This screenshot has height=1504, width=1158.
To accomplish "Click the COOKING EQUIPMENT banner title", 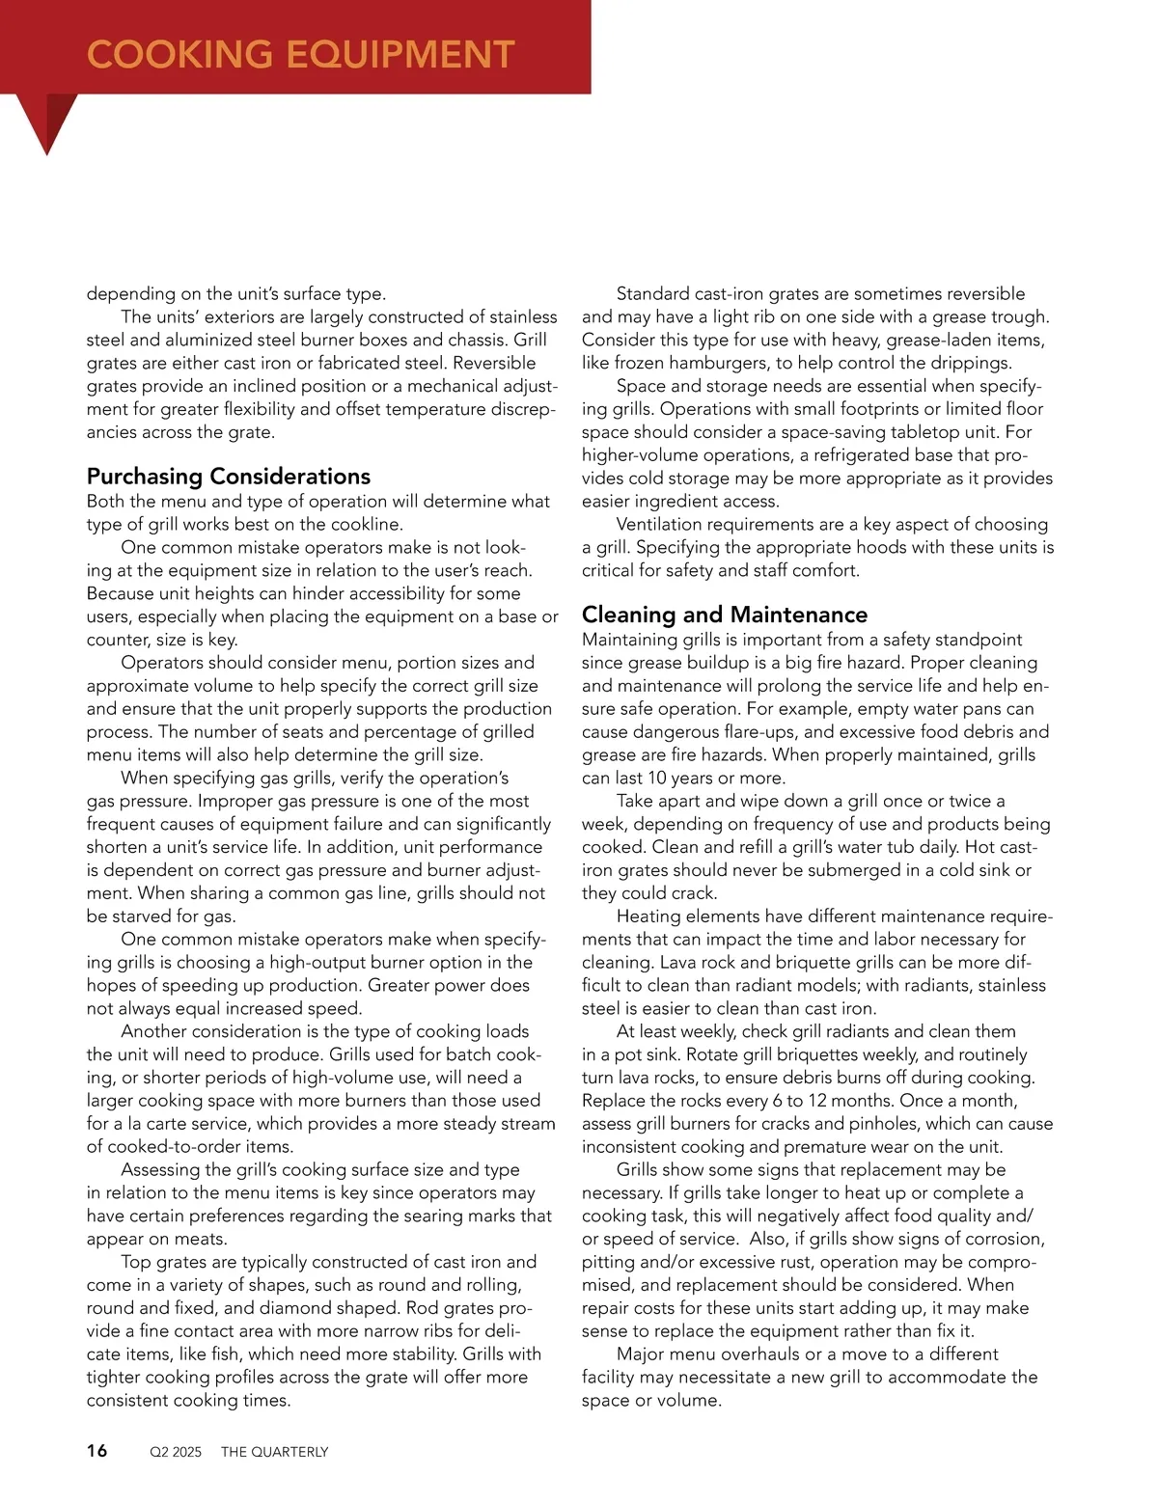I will tap(300, 54).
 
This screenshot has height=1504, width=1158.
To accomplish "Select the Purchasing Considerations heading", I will tap(229, 477).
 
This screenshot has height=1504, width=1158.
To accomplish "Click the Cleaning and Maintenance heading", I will tap(724, 615).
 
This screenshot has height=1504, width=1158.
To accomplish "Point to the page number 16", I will tap(97, 1451).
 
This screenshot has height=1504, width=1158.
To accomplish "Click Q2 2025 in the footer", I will tap(176, 1452).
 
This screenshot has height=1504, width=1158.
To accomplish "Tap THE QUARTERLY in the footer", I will tap(275, 1452).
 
